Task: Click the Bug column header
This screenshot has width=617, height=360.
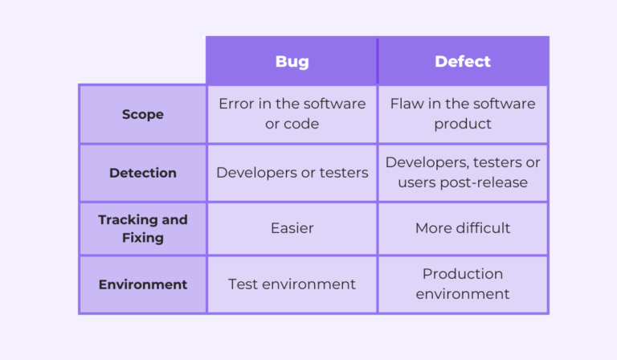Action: coord(292,62)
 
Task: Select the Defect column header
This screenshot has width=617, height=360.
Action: coord(463,62)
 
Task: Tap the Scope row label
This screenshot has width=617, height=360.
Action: coord(142,114)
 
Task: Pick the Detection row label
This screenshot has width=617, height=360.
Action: coord(142,173)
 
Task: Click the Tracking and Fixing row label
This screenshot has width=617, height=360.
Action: coord(142,228)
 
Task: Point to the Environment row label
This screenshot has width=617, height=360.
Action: coord(142,284)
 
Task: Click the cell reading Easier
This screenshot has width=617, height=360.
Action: coord(292,228)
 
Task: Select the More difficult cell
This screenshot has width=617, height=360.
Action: coord(463,228)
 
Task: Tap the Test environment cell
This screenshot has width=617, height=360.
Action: coord(292,284)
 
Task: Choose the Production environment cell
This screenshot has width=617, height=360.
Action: coord(463,284)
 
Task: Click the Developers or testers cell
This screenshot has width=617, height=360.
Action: coord(292,173)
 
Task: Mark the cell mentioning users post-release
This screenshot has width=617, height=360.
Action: coord(463,172)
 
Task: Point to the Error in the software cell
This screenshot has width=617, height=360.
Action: coord(292,113)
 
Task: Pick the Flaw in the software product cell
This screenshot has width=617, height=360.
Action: coord(463,113)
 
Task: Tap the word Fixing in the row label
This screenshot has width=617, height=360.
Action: coord(142,238)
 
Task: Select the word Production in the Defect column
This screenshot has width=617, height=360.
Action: coord(463,274)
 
